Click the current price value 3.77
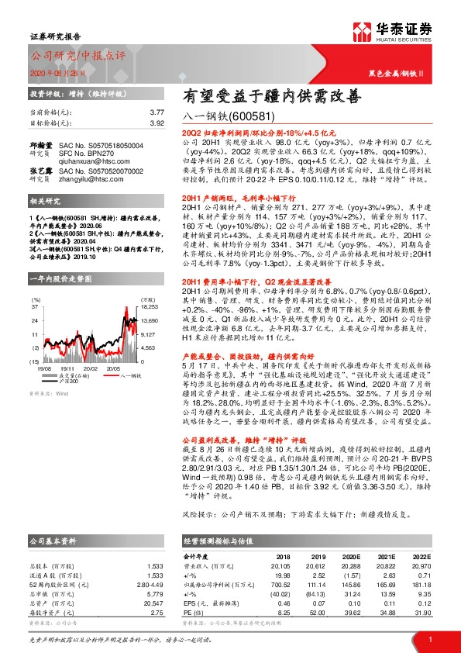157,112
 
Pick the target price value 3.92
157,123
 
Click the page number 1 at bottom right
429,638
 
